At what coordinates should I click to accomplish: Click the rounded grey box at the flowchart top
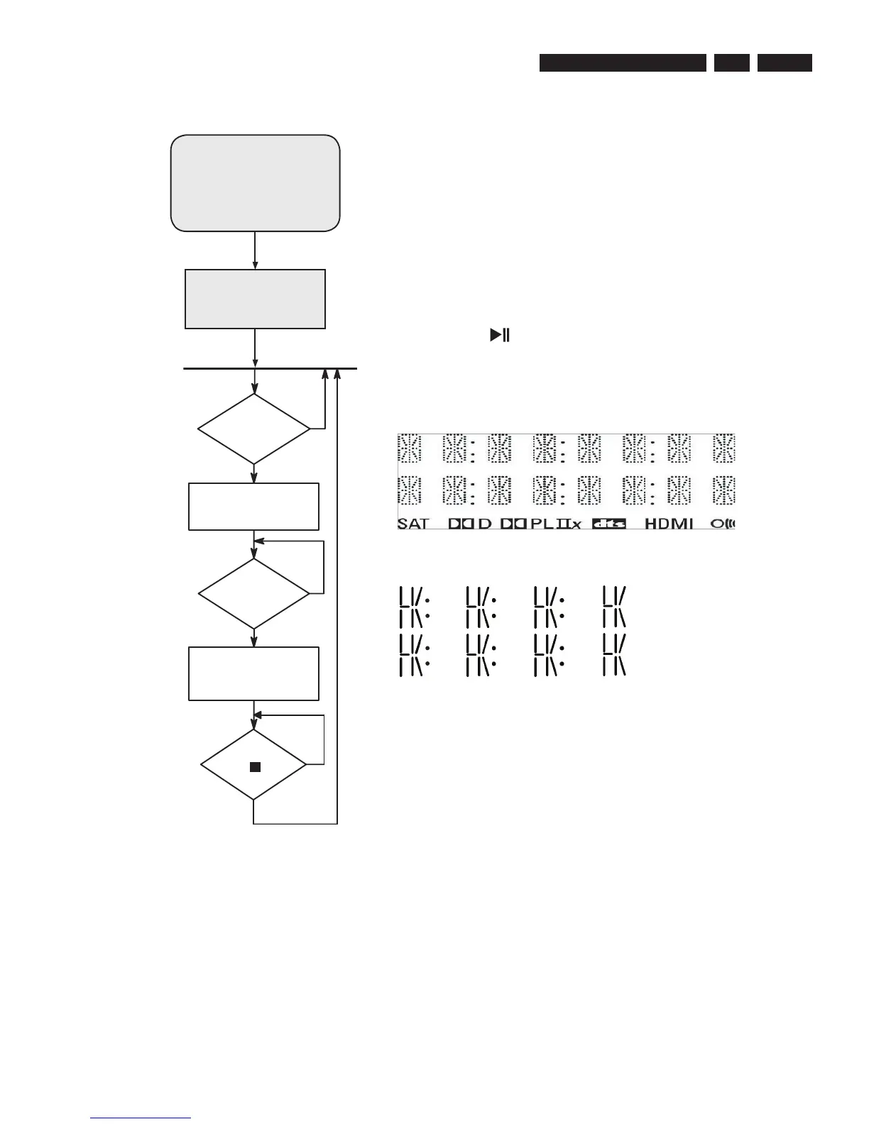(x=255, y=182)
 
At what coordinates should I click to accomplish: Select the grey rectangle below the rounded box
(x=255, y=299)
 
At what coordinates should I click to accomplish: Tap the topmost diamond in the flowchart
(x=254, y=429)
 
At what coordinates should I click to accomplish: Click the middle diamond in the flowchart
(x=254, y=593)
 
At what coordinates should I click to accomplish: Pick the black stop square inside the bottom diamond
(x=256, y=767)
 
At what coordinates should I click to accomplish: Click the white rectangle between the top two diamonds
(x=253, y=507)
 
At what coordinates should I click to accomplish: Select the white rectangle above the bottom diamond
(x=253, y=673)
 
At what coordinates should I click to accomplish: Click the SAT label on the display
(x=413, y=524)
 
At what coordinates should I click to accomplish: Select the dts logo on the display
(x=608, y=524)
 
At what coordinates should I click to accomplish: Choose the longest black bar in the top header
(x=623, y=63)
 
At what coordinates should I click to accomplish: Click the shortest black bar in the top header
(x=732, y=63)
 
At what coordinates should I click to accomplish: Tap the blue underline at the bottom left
(x=141, y=1119)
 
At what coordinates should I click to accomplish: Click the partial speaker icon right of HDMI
(x=723, y=524)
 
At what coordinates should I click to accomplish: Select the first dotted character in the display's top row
(x=409, y=448)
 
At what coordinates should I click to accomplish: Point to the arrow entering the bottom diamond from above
(x=254, y=717)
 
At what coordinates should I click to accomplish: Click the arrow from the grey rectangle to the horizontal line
(x=255, y=349)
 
